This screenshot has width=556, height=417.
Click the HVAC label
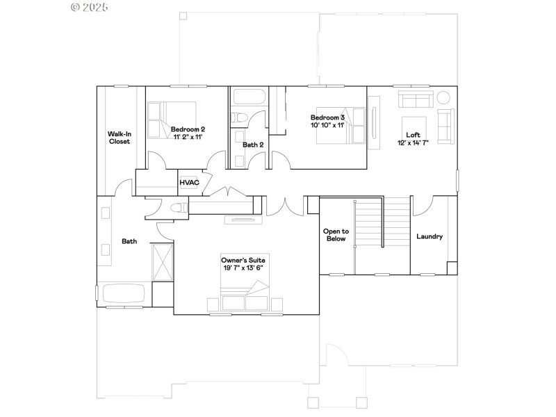[190, 183]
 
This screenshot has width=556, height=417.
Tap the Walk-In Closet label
[119, 137]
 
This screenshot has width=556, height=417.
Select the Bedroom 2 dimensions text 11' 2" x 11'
[188, 137]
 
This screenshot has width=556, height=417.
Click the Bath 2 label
[253, 145]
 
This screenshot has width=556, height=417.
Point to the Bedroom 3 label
[327, 117]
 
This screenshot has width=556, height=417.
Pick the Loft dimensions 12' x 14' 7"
[413, 142]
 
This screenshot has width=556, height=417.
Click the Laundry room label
[430, 236]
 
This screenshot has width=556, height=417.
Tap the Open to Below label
[336, 234]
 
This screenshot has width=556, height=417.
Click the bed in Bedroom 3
[342, 126]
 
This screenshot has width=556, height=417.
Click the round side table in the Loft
[443, 97]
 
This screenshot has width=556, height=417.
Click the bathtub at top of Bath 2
[248, 97]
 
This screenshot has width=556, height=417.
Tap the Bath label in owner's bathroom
[129, 241]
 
